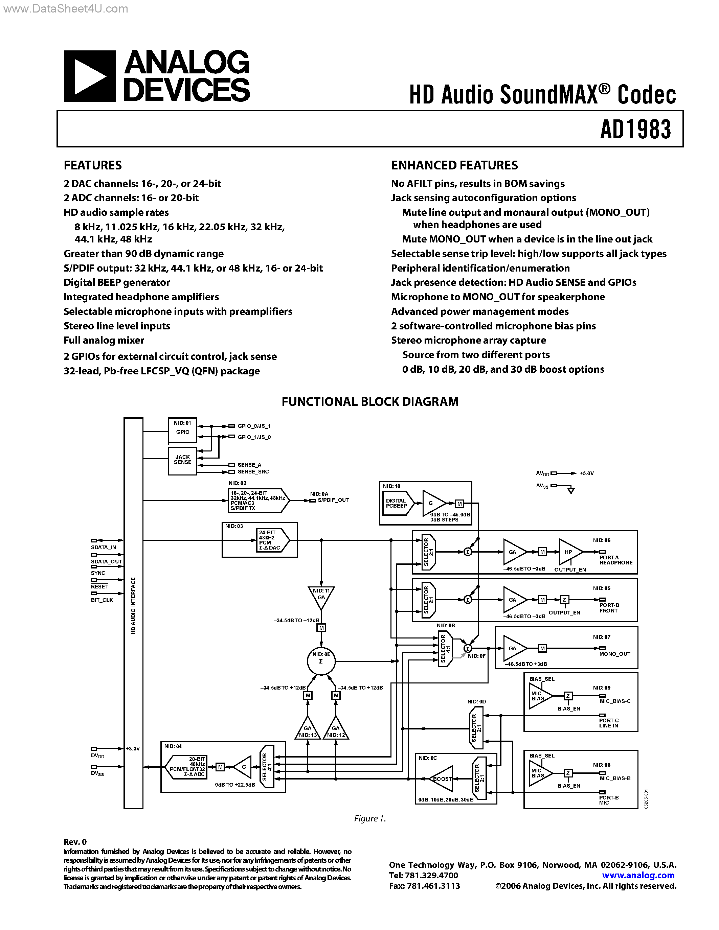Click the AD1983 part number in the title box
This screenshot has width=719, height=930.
[x=635, y=130]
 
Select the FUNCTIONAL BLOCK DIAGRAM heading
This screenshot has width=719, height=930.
[x=370, y=401]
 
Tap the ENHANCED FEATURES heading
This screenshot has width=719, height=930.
[x=454, y=165]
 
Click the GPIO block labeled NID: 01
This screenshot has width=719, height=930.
[x=182, y=430]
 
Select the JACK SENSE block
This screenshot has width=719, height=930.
[x=182, y=460]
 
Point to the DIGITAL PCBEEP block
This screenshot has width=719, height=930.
[x=396, y=503]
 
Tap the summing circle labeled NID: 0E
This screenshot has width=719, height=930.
[x=321, y=660]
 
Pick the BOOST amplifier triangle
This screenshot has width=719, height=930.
[x=441, y=779]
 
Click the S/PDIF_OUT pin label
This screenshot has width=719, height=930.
[x=333, y=500]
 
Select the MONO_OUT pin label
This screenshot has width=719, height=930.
[x=614, y=654]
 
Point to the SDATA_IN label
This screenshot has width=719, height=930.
[x=103, y=548]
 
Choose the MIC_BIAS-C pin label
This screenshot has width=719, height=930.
[x=615, y=701]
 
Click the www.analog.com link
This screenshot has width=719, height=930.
[x=638, y=876]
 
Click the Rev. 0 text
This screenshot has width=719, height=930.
[x=75, y=842]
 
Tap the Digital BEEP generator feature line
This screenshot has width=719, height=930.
[x=117, y=282]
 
